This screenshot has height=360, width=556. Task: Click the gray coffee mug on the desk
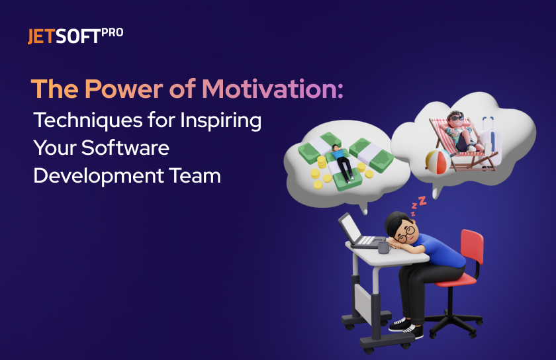[384, 247]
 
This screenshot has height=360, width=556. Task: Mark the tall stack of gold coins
[322, 163]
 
